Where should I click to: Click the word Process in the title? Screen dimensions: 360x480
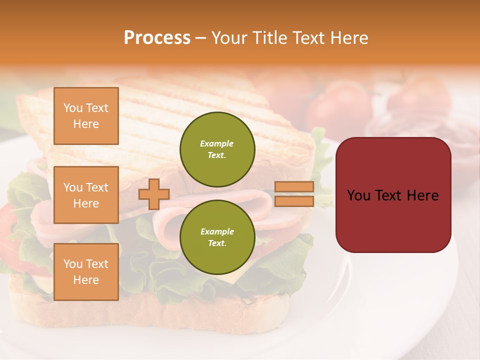157,37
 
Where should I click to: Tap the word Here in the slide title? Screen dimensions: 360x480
349,37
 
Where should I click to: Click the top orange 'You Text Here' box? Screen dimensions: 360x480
86,116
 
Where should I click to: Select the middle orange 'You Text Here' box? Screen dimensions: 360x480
86,195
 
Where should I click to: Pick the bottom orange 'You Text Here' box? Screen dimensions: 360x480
86,272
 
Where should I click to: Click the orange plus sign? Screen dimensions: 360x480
154,194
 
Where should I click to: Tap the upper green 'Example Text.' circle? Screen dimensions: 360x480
217,149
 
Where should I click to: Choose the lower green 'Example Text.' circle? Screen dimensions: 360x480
217,237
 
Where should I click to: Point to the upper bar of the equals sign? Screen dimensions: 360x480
294,186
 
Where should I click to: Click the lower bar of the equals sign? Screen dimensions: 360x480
294,201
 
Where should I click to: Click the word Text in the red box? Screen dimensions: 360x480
392,195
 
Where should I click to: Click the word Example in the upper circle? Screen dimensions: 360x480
217,143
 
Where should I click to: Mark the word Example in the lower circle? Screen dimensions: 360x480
217,231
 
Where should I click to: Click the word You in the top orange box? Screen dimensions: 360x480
73,108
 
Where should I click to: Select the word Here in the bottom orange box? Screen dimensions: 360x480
86,280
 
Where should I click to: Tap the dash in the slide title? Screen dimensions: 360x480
200,37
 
